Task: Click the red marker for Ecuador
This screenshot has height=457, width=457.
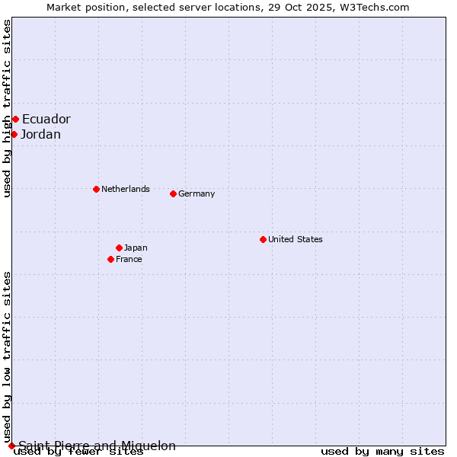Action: pyautogui.click(x=15, y=119)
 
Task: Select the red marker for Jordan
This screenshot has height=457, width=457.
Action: pyautogui.click(x=14, y=134)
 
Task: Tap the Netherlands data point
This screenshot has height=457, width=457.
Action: pyautogui.click(x=96, y=189)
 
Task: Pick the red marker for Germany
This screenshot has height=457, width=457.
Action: pyautogui.click(x=173, y=193)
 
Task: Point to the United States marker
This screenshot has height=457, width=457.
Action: pyautogui.click(x=263, y=239)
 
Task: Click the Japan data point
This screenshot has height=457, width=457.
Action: pyautogui.click(x=119, y=248)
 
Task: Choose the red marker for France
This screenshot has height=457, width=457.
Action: pyautogui.click(x=110, y=259)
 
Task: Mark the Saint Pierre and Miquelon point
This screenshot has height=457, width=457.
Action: pyautogui.click(x=11, y=446)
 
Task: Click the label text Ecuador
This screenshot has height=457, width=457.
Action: pyautogui.click(x=46, y=119)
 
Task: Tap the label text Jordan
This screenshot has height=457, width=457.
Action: pyautogui.click(x=40, y=135)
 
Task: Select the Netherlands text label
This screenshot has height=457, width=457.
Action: pyautogui.click(x=125, y=189)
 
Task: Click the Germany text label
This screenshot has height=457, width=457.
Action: pyautogui.click(x=197, y=193)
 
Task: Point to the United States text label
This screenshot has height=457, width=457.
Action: pyautogui.click(x=295, y=239)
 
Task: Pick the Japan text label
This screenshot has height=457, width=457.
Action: pyautogui.click(x=136, y=248)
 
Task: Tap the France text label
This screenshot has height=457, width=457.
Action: pyautogui.click(x=129, y=259)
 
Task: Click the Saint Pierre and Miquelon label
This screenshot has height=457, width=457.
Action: pyautogui.click(x=97, y=446)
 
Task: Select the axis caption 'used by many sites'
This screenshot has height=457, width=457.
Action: pyautogui.click(x=382, y=452)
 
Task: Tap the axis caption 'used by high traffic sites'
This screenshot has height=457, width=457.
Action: pyautogui.click(x=8, y=108)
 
